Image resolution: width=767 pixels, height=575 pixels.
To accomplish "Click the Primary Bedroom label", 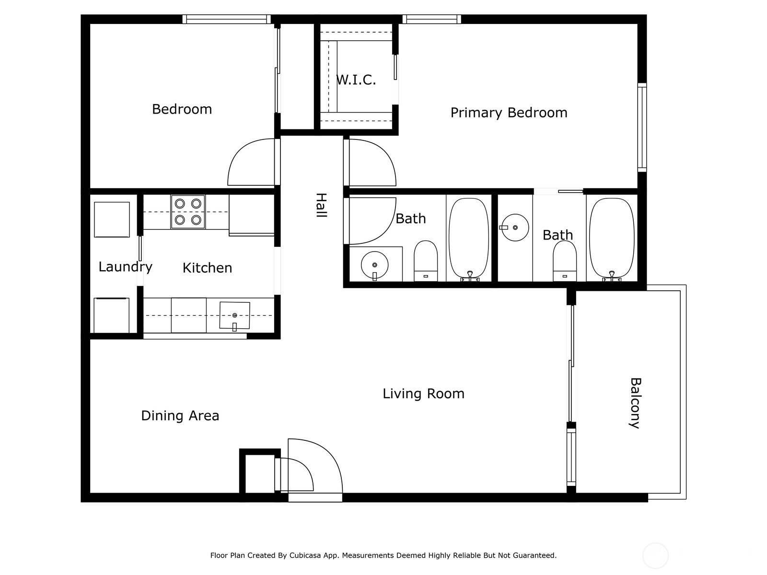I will pos(509,113).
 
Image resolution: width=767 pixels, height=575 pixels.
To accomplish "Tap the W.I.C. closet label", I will pos(356,80).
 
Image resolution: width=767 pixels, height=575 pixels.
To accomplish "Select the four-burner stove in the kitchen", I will pos(188,211).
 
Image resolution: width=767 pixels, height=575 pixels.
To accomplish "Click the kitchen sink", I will pos(234,315).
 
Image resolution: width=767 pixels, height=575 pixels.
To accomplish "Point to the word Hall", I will pos(321,206).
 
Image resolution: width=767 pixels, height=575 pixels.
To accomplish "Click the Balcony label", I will pos(635,403).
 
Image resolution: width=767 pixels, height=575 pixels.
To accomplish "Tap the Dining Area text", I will pos(180,415).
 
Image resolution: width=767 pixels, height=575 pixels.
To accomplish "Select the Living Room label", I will pos(423,394).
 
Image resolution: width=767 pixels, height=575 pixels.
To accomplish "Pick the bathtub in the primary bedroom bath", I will pos(612,238).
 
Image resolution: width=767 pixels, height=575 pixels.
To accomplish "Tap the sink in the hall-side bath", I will pos(374,265).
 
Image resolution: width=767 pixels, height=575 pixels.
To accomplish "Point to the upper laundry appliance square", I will pos(112,219).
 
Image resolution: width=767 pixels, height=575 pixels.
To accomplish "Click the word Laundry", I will pos(125,267).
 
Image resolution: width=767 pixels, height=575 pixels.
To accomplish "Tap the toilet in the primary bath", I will pos(564,261).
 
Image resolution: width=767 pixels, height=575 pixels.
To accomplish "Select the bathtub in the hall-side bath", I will pos(469,238).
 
